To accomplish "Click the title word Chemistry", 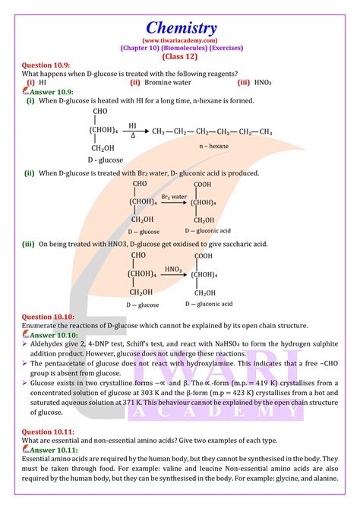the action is [x=180, y=27].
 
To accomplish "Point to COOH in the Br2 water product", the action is [x=203, y=185].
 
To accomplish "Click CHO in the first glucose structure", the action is [x=100, y=112].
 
